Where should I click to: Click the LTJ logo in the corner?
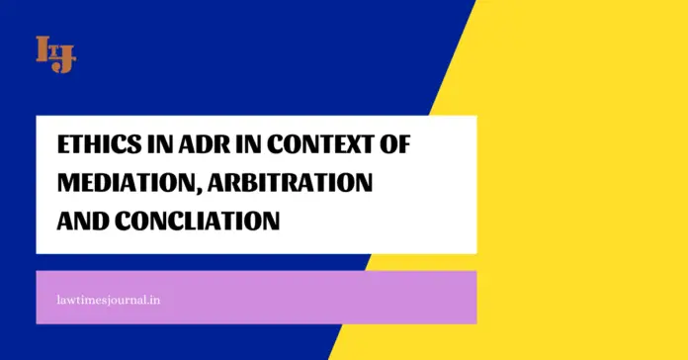pos(55,53)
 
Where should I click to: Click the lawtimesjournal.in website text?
pos(108,297)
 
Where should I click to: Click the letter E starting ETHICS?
pos(65,146)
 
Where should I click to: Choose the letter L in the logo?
pos(43,47)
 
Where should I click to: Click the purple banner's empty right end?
pos(415,297)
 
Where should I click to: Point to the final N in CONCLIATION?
pos(269,222)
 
